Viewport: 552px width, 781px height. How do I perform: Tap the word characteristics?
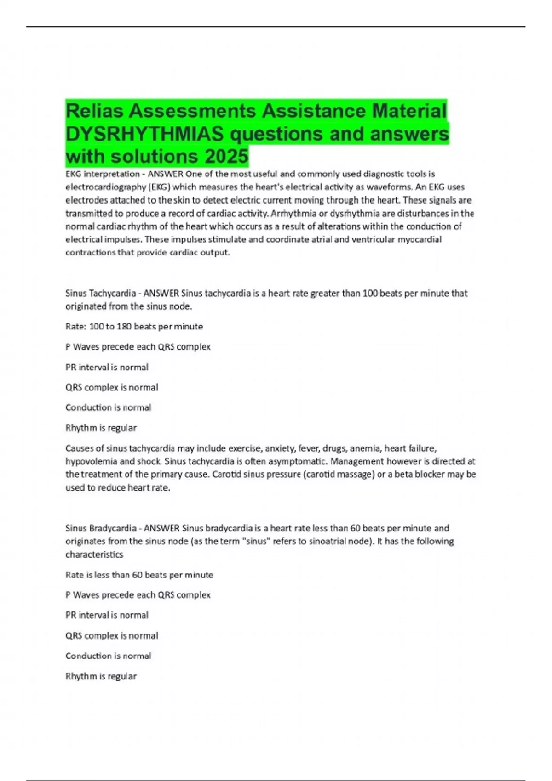[x=94, y=555]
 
